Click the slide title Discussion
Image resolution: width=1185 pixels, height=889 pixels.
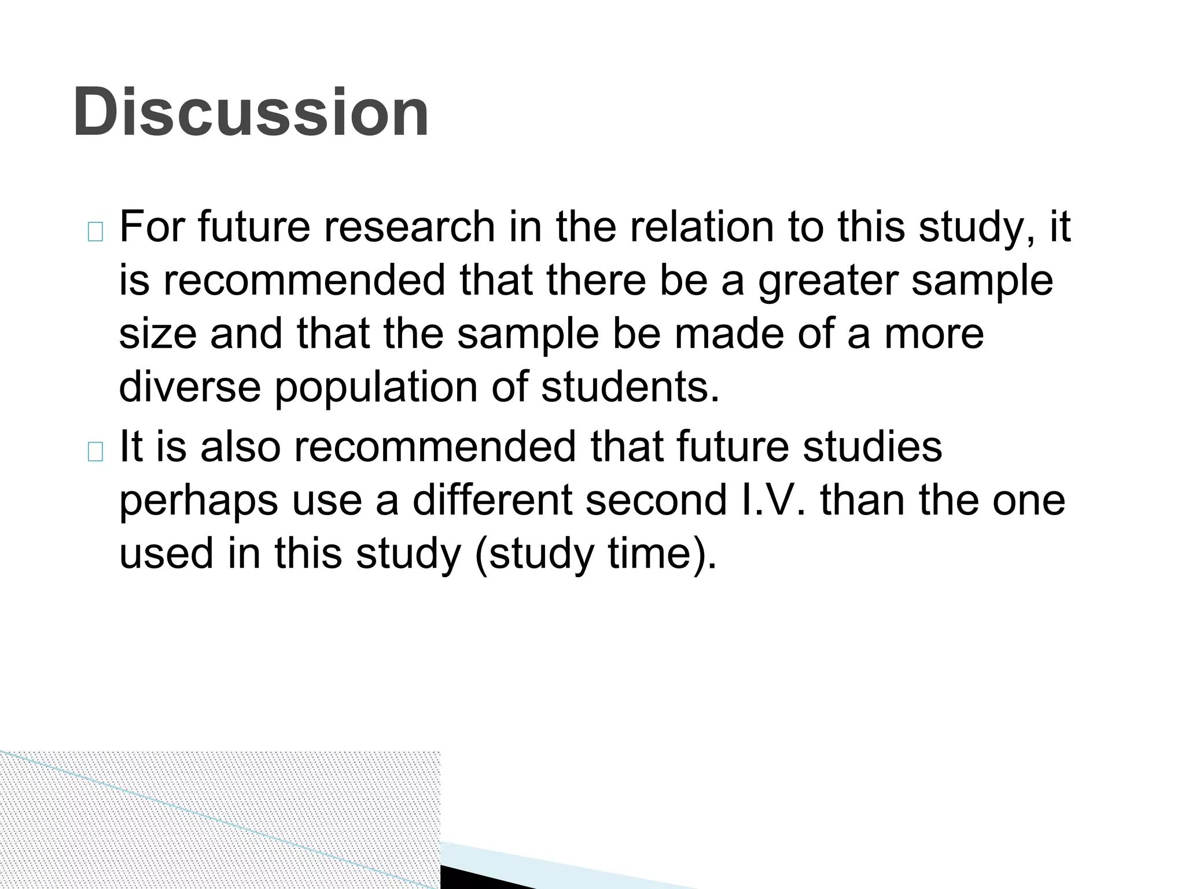point(251,112)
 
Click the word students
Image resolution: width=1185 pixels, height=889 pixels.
point(630,387)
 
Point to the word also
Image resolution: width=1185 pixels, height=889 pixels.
point(240,446)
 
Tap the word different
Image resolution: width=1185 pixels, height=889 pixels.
point(491,499)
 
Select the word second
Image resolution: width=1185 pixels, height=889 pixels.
point(656,499)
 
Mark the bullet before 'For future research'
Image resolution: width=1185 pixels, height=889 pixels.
point(95,232)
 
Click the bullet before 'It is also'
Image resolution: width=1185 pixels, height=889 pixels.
point(95,451)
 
